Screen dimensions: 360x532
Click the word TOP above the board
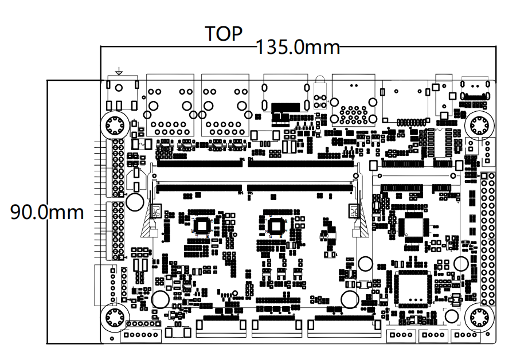[224, 34]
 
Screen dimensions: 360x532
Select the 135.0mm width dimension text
[298, 47]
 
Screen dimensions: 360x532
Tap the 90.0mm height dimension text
[48, 213]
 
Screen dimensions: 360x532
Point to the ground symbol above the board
[119, 72]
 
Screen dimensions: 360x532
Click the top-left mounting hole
[114, 125]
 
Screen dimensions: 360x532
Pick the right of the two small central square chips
[276, 225]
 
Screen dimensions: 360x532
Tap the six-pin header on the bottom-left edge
[141, 335]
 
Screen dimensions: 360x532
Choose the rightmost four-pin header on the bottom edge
[465, 336]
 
